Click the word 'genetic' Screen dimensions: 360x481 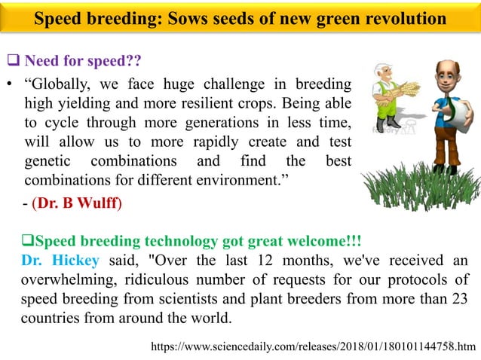click(50, 161)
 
